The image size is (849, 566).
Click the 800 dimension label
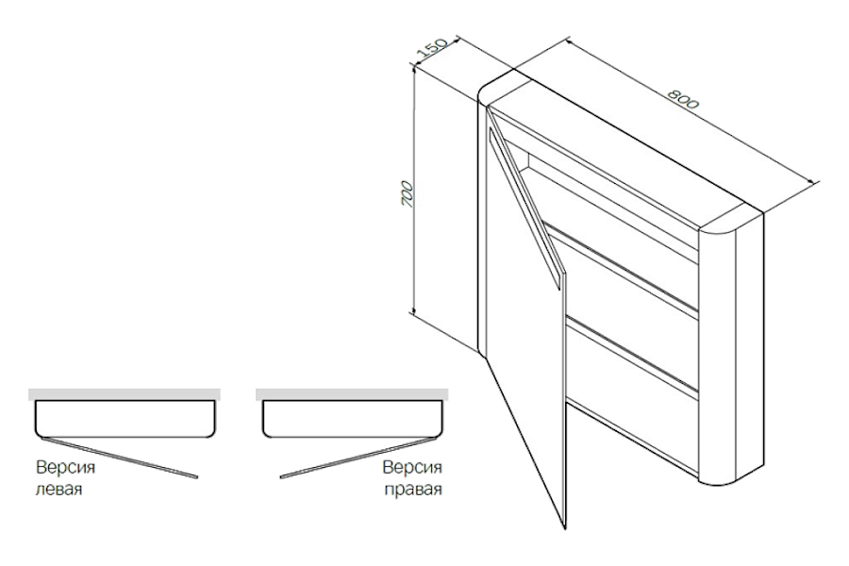click(x=683, y=98)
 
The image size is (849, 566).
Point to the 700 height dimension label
click(x=408, y=194)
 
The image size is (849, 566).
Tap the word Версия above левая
click(x=65, y=467)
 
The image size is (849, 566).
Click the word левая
click(x=58, y=489)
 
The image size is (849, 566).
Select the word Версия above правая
click(x=412, y=467)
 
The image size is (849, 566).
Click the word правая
click(x=413, y=490)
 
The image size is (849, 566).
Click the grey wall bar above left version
click(x=125, y=394)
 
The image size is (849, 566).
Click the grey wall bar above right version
click(x=352, y=394)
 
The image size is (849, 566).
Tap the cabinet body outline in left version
click(x=125, y=436)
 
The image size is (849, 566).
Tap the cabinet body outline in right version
click(x=353, y=436)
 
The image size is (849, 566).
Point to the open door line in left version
click(x=120, y=458)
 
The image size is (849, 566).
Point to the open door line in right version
click(x=358, y=458)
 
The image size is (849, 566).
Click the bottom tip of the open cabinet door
click(x=565, y=528)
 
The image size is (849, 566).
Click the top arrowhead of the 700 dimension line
click(x=414, y=68)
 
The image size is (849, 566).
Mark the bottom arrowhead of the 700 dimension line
click(x=414, y=311)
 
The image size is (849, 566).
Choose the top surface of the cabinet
click(x=623, y=146)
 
